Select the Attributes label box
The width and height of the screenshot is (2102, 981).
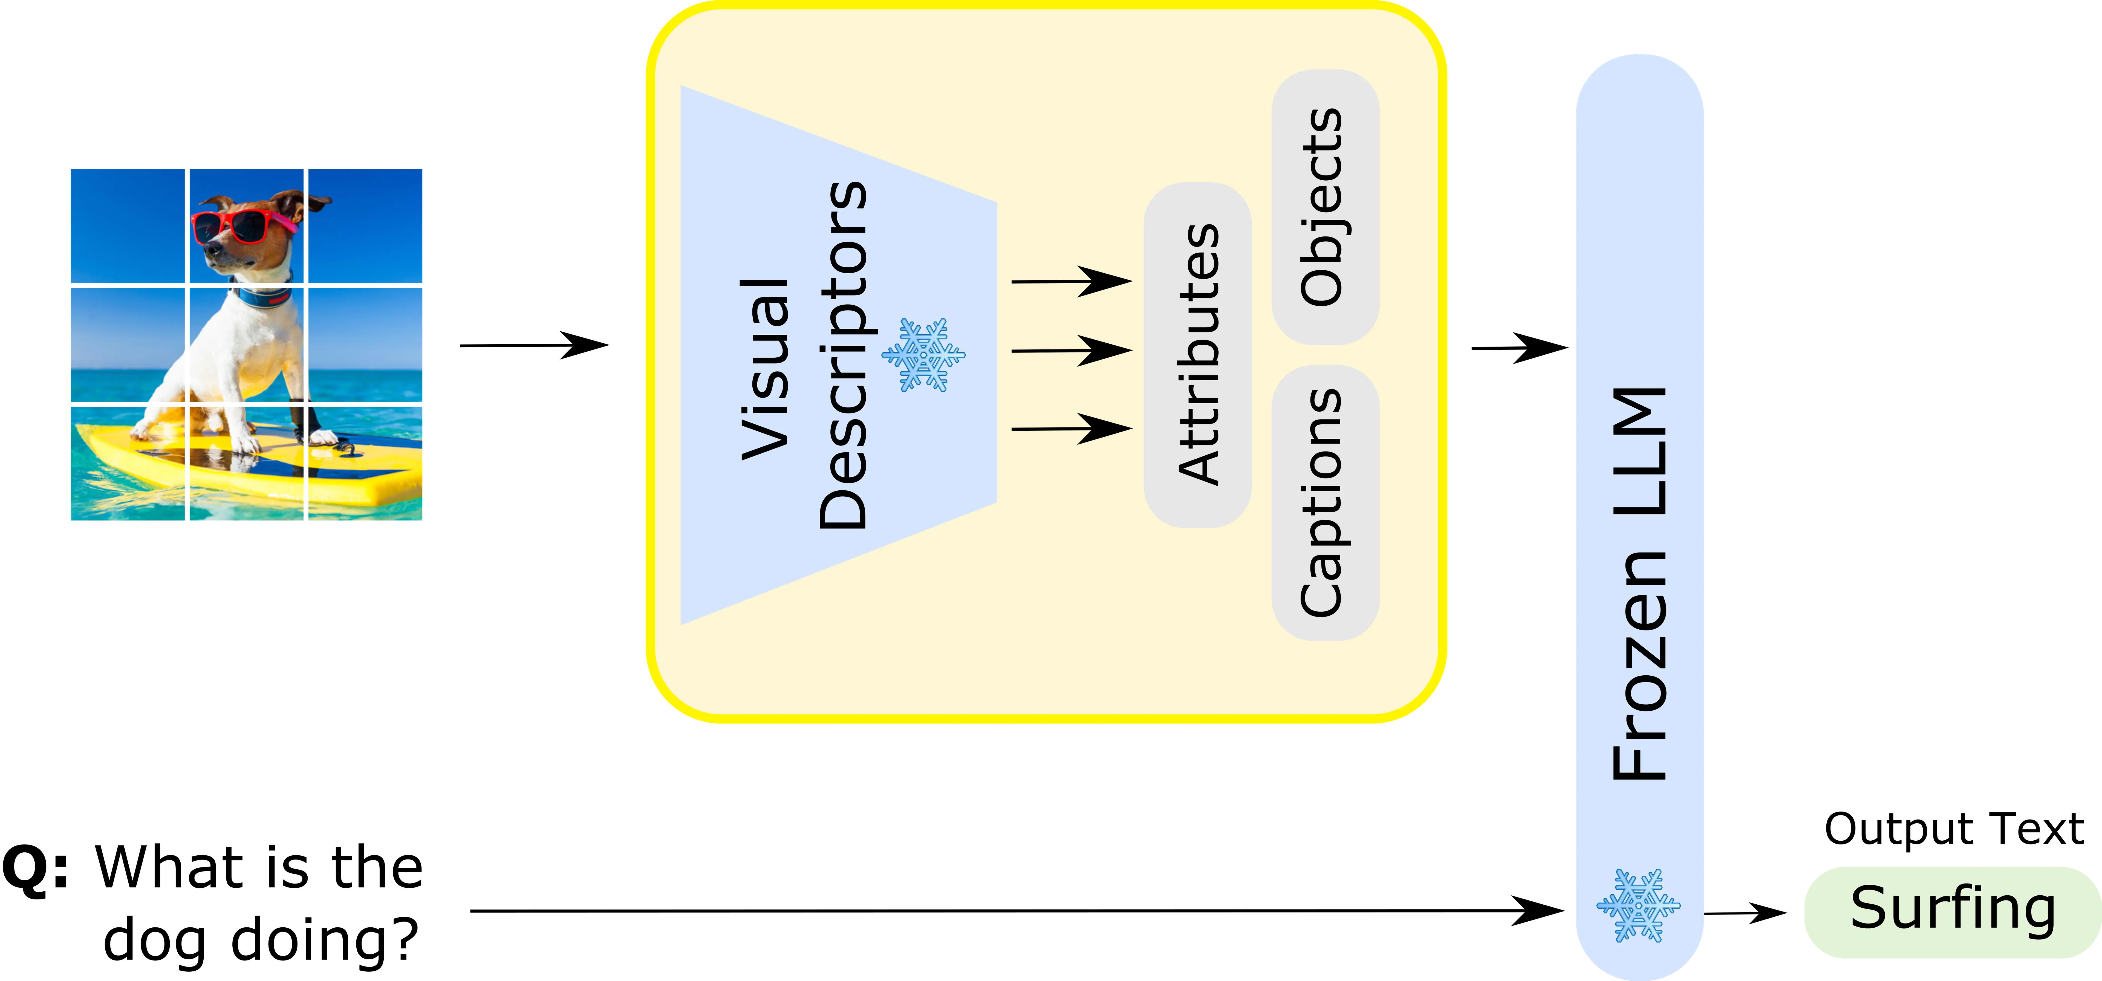pos(1197,355)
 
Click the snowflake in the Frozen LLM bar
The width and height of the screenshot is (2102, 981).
pos(1638,906)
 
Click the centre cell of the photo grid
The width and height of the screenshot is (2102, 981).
pos(246,345)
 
